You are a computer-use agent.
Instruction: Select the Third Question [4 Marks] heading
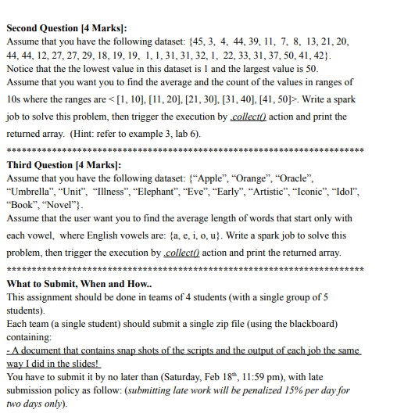(x=63, y=165)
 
